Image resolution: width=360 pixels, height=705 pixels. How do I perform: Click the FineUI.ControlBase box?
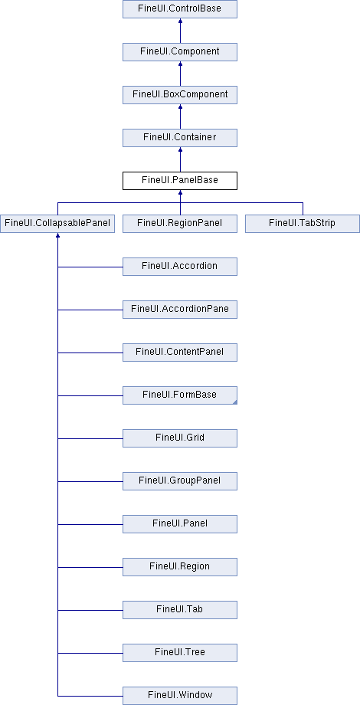pos(180,9)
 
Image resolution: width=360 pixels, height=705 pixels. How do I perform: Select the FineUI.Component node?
pos(180,51)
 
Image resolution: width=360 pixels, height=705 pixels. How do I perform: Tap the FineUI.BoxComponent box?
pos(180,95)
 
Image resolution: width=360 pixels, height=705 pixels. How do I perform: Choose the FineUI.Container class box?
pos(180,138)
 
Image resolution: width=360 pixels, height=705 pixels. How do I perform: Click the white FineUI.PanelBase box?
pos(180,181)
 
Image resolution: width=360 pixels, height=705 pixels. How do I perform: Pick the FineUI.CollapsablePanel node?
pos(57,224)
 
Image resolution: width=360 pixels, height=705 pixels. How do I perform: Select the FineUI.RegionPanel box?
pos(180,224)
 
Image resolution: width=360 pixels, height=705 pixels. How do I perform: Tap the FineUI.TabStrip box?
pos(303,224)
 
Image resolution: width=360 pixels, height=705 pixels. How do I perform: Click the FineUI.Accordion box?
pos(180,267)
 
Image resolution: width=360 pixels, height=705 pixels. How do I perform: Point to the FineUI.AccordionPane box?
pos(180,310)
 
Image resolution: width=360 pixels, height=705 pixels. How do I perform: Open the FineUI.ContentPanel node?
pos(180,352)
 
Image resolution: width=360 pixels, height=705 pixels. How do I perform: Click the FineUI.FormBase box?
pos(180,395)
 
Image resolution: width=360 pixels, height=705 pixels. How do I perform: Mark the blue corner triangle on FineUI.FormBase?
pos(235,402)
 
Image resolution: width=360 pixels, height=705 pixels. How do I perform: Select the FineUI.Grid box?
pos(180,438)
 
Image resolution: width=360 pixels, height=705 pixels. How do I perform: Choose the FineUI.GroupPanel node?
pos(180,481)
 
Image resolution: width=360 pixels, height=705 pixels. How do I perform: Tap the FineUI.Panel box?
pos(180,524)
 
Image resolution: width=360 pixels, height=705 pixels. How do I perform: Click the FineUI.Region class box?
pos(180,567)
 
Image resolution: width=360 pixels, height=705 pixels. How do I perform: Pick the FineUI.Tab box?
pos(180,610)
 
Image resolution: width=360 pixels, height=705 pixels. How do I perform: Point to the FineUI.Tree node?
pos(180,653)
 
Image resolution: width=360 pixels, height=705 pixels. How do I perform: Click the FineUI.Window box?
pos(180,696)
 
